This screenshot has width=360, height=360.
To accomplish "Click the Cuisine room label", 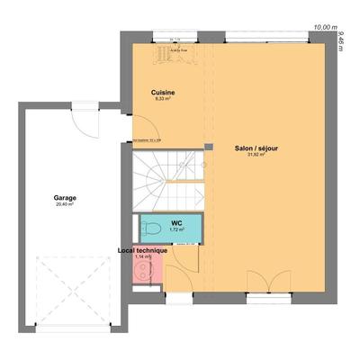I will click(x=162, y=92).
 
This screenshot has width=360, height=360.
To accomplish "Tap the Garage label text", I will click(x=63, y=198).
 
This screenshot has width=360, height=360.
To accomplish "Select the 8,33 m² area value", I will click(x=163, y=99).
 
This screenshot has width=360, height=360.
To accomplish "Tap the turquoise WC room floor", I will click(x=184, y=225).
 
